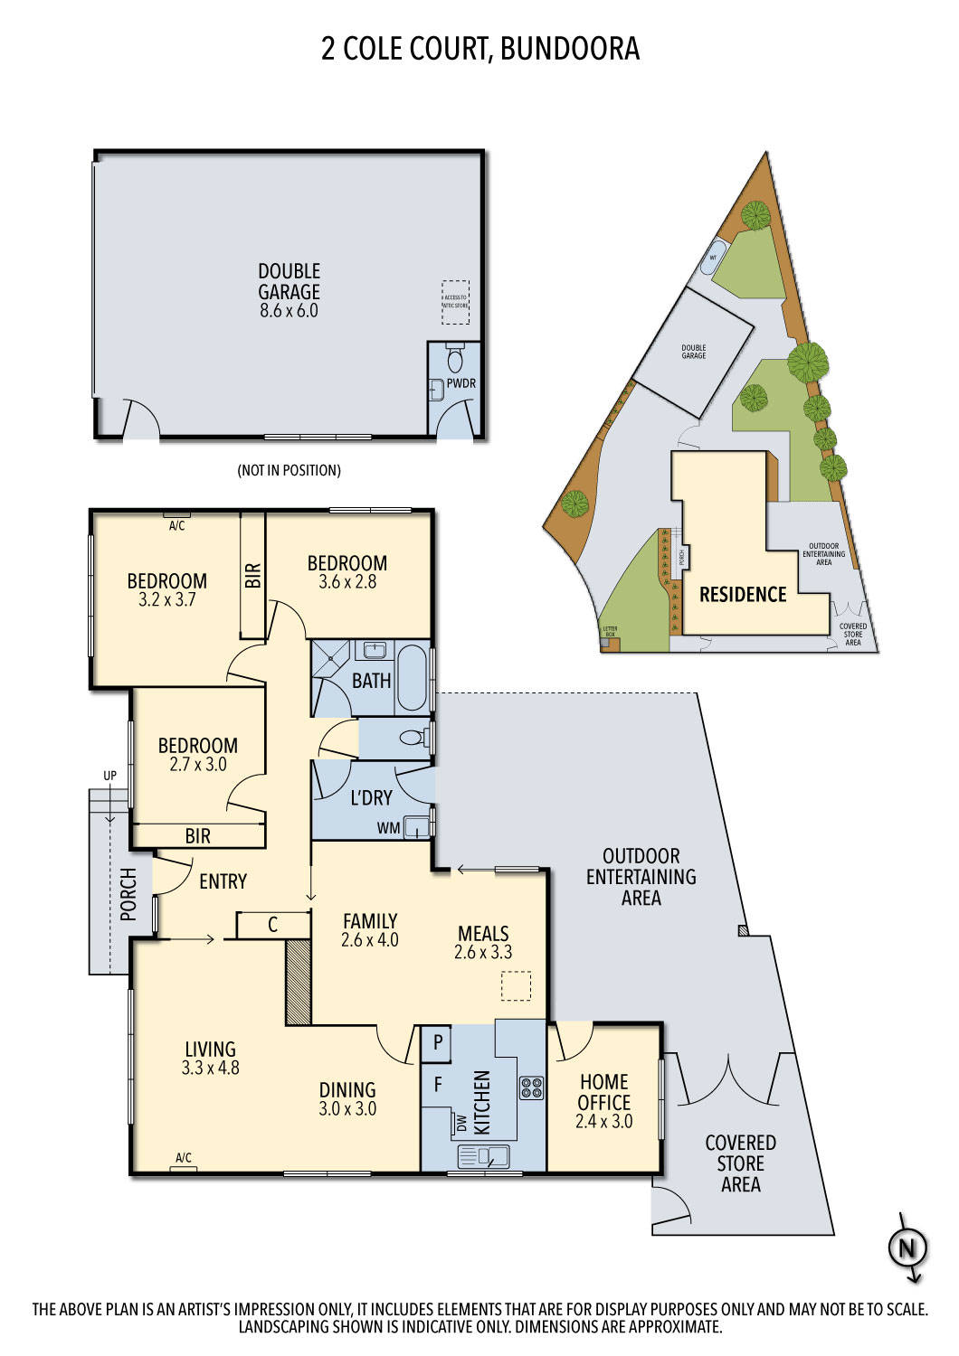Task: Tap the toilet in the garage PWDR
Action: point(455,360)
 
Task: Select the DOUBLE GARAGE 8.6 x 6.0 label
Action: point(289,290)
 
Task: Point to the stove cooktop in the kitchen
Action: point(530,1088)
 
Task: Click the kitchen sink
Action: point(484,1155)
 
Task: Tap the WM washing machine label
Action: point(388,828)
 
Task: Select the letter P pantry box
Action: point(438,1042)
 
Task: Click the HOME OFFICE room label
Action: point(603,1092)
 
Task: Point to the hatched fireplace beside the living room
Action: point(299,982)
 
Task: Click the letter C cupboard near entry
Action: point(272,925)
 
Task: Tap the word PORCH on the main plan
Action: point(128,894)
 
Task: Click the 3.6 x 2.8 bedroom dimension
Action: point(347,582)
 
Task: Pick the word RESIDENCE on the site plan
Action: point(743,594)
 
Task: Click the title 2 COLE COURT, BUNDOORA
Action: point(479,48)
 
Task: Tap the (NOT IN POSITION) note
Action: point(289,470)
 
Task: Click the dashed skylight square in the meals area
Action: point(517,985)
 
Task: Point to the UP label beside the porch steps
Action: point(109,776)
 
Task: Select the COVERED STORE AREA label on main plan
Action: point(740,1163)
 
